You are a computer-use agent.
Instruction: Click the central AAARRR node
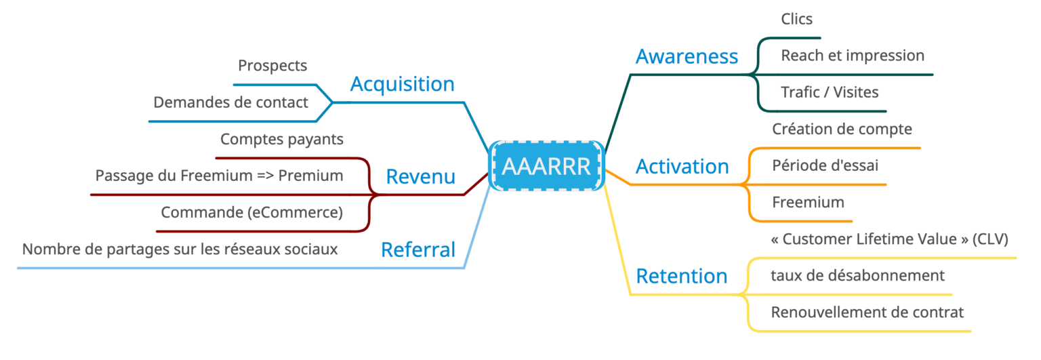(x=546, y=166)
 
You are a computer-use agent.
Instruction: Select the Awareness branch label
(x=687, y=56)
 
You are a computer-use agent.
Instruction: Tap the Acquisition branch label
(x=402, y=84)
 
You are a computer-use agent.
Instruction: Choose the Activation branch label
(x=682, y=166)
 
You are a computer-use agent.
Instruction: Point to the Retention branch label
(x=681, y=276)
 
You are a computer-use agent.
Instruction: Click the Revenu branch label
(x=420, y=177)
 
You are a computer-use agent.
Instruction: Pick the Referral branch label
(x=418, y=249)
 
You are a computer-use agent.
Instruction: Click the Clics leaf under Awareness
(x=796, y=19)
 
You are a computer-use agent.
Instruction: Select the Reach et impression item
(x=852, y=56)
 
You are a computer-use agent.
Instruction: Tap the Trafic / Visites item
(x=830, y=92)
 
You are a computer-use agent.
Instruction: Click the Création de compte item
(x=842, y=129)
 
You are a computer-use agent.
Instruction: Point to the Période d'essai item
(x=825, y=165)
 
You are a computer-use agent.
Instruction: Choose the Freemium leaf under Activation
(x=808, y=201)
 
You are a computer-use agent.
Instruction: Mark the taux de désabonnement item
(x=857, y=275)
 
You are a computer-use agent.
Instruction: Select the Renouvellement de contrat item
(x=867, y=312)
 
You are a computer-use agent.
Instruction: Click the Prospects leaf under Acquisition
(x=272, y=66)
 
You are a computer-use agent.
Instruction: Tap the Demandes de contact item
(x=230, y=102)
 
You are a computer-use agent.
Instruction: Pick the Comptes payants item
(x=282, y=139)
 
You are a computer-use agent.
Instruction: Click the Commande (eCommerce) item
(x=251, y=212)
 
